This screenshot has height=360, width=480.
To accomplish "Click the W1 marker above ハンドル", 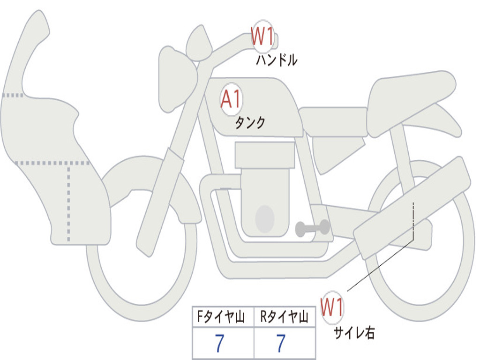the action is coord(262,36).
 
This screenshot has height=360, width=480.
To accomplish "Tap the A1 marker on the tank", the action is coord(232,99).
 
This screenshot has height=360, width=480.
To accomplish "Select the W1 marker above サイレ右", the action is coord(332,307).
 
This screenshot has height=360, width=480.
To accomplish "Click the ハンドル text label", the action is coord(277,60).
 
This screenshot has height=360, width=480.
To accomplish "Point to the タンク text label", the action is coord(250,122).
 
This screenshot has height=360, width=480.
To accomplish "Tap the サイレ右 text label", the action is coord(354,332).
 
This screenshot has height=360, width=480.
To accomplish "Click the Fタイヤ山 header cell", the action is coord(223,316).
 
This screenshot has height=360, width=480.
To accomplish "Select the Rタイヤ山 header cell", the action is coord(285,316).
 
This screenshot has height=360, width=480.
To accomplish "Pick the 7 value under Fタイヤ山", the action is coord(219,343).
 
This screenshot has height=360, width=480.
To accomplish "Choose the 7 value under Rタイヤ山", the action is coord(281,343).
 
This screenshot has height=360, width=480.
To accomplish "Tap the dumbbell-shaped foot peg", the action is coord(312,228).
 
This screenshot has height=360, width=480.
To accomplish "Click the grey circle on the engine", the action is coord(265,219).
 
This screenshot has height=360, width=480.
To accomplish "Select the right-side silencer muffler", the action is coord(412,208).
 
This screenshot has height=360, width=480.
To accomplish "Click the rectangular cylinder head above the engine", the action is coord(265,155).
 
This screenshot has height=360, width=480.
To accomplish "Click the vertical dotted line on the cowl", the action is coord(68,203).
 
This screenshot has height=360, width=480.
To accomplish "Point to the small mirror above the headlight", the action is coord(199,43).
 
